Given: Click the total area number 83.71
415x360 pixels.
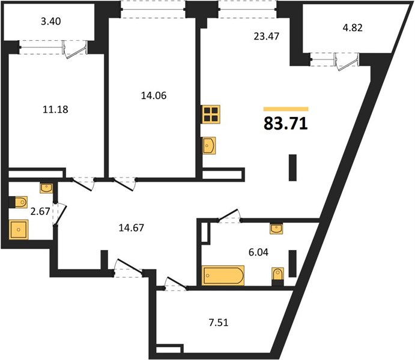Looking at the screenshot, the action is (286, 123).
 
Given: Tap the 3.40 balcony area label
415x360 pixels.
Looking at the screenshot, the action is (51, 21).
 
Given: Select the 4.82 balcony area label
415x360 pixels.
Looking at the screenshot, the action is (353, 28).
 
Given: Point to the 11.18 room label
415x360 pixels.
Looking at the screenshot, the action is (55, 109).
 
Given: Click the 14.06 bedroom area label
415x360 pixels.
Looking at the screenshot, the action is (154, 95).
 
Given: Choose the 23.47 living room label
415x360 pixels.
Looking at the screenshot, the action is (266, 36).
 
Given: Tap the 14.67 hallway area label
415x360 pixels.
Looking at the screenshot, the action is (132, 227).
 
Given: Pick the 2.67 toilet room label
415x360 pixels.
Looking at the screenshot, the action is (40, 211).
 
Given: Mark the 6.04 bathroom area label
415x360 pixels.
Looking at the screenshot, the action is (258, 252).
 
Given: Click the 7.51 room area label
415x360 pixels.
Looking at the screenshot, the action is (219, 323).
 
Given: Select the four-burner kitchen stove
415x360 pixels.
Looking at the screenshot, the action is (211, 114).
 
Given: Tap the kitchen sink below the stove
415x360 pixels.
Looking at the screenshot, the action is (208, 146).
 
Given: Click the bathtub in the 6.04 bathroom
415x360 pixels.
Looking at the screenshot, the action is (223, 275).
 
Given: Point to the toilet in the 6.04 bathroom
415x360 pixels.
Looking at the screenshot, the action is (277, 277).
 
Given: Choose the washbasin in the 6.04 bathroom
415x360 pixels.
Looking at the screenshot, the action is (276, 229).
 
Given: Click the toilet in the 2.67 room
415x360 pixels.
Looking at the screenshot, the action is (18, 202).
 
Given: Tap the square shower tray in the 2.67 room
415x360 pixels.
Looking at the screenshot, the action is (19, 230).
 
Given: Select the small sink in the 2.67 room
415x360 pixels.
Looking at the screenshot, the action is (46, 188).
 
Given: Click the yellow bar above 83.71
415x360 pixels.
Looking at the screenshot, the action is (286, 109).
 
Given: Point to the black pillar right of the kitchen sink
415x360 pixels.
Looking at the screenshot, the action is (292, 167).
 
